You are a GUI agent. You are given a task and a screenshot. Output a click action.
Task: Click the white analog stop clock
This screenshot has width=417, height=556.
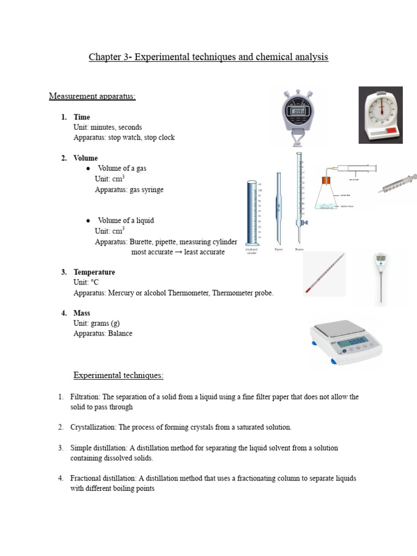pos(381,115)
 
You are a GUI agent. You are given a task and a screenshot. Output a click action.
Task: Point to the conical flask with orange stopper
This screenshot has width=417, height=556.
pos(326,195)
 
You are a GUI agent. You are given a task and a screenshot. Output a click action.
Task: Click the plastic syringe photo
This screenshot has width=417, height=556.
pos(399,184)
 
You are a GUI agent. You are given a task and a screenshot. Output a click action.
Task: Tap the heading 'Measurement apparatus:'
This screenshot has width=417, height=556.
pos(92,97)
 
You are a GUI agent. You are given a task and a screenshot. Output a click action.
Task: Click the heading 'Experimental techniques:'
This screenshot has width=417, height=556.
pos(118,376)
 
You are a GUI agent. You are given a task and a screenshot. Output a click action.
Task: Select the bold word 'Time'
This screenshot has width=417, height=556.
pos(82,117)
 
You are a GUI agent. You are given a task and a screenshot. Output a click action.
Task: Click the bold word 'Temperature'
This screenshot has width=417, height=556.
pos(94,272)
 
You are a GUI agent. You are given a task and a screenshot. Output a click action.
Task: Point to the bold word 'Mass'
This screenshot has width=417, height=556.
pos(82,313)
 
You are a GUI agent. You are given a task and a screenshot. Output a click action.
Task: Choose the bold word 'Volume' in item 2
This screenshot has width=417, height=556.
pos(86,159)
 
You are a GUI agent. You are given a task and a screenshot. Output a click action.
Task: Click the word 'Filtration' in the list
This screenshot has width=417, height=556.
pos(85,397)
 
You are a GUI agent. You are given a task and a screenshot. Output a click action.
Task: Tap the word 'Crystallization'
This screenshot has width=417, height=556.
pos(93,427)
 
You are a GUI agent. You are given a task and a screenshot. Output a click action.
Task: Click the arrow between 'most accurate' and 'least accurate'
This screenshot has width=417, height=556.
pos(177,252)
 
